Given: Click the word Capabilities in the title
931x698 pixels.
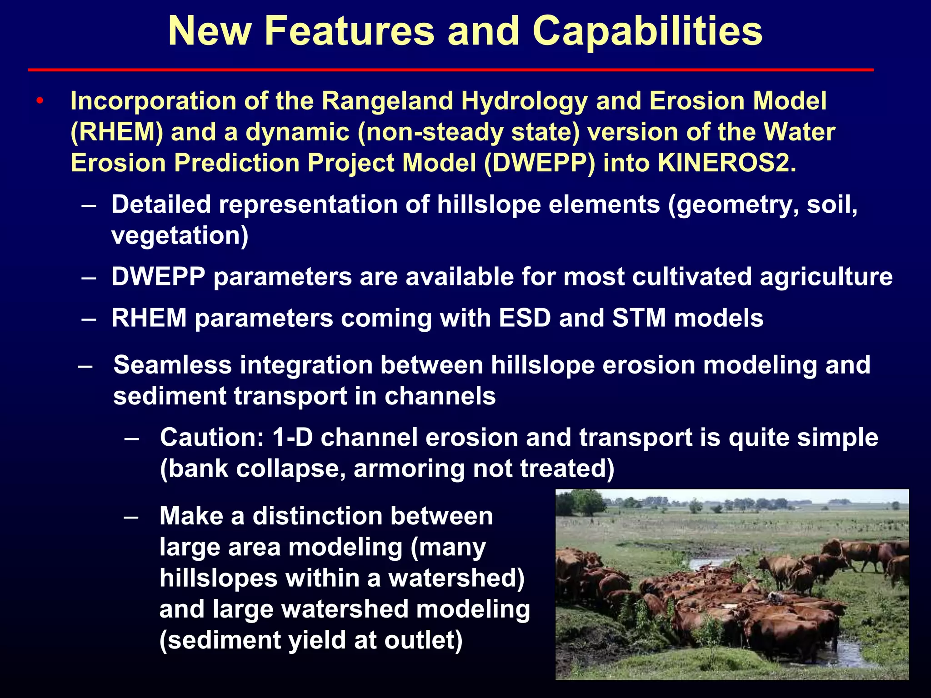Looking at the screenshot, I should [x=647, y=31].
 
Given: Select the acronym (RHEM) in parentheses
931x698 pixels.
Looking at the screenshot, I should [x=117, y=132].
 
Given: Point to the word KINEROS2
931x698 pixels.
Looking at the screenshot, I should [x=726, y=163].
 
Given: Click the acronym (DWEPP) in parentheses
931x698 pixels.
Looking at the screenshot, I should [x=539, y=163].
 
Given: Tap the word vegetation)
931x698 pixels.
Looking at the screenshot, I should [x=180, y=235].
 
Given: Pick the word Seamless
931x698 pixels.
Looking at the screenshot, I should [x=173, y=365].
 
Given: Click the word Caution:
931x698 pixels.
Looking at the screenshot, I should [x=212, y=438].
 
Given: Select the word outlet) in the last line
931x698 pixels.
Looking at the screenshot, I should [x=423, y=640].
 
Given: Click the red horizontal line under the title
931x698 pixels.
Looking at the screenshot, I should [x=450, y=70].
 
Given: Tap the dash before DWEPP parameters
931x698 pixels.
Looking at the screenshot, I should [x=88, y=277].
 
